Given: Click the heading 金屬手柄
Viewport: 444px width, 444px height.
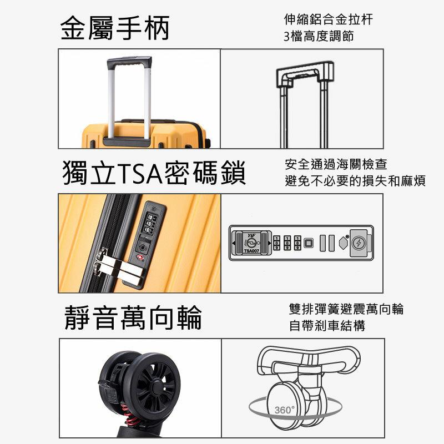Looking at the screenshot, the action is pos(115,27).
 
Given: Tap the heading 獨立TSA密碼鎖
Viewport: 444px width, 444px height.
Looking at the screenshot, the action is pos(154,173).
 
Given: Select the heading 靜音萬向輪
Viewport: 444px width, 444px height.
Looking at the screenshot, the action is pos(133,317).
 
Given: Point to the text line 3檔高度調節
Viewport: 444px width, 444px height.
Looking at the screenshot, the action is pos(319,36).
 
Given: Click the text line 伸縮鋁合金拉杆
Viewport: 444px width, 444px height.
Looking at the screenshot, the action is pos(329,19).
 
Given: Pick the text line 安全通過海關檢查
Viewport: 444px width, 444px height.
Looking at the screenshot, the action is pos(336,164).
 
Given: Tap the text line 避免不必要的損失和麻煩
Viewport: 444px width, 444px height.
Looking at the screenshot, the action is pos(355,181).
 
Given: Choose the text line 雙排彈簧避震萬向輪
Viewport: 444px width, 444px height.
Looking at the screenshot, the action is pos(346,309).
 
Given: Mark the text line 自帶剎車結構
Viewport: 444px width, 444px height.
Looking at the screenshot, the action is pos(327,326).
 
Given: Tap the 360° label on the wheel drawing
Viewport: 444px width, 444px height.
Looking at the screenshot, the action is pos(284,410).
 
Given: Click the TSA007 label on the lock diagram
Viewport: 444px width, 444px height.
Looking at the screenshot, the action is pos(252,251).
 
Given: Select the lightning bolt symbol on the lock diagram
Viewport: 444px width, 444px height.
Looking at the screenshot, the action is pos(359,243).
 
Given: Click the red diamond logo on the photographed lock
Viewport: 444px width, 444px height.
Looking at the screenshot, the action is pos(139,258).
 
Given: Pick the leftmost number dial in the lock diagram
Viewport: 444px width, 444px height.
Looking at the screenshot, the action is pos(276,243).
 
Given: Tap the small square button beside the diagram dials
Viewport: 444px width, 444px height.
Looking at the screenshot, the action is pos(309,243).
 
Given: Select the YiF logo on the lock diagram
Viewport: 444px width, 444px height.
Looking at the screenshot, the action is pos(251,235).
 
